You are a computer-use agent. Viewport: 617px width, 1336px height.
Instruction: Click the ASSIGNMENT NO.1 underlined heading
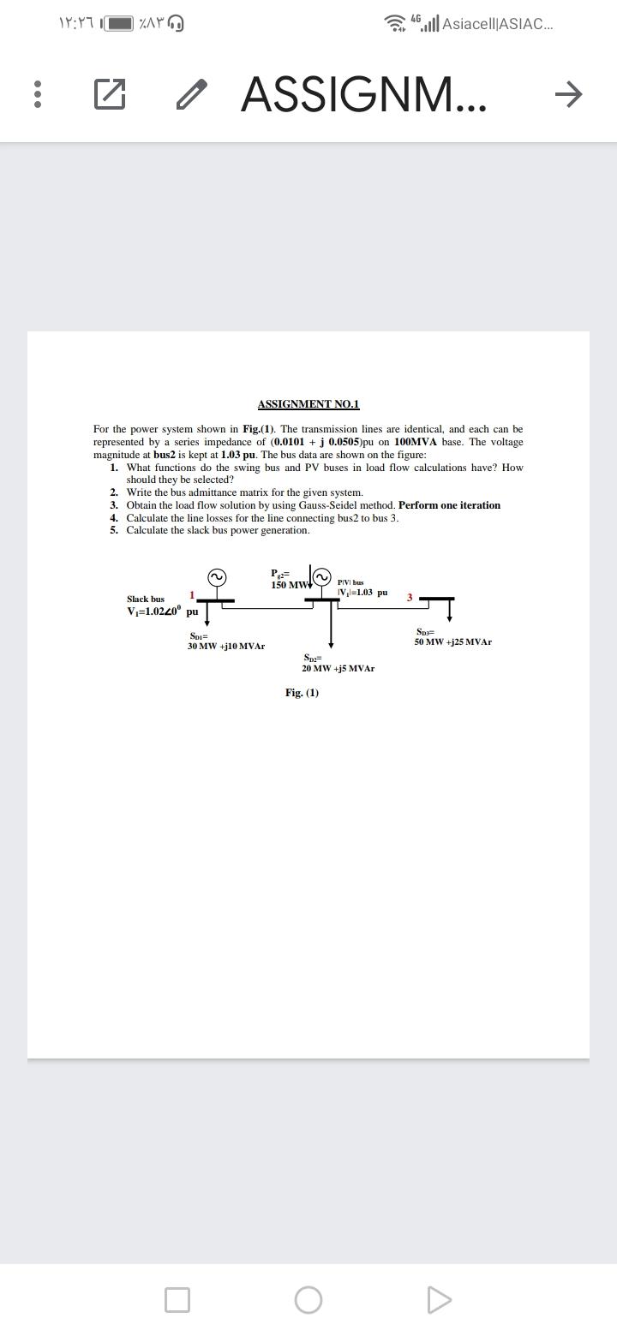point(308,404)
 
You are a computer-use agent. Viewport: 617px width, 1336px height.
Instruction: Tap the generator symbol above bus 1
point(217,578)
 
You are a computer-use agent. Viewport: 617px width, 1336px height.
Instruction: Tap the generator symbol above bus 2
point(322,578)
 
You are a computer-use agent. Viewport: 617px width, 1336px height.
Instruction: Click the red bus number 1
point(192,594)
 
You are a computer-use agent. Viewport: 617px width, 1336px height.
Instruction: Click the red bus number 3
point(410,597)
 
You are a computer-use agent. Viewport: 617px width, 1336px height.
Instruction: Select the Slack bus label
point(146,599)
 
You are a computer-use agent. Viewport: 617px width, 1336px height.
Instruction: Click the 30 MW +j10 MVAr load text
point(226,646)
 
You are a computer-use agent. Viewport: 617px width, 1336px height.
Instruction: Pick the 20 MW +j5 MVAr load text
point(338,668)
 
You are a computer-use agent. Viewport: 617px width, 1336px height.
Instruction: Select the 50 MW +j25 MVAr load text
point(452,641)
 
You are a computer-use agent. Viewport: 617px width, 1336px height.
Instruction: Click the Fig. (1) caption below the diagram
point(302,693)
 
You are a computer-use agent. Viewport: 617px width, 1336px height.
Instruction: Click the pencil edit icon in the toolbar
point(192,93)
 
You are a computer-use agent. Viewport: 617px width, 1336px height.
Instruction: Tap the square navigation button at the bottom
point(177,1299)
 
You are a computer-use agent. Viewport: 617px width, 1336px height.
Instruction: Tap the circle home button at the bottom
point(308,1299)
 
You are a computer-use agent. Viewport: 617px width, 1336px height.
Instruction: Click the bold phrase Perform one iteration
point(449,505)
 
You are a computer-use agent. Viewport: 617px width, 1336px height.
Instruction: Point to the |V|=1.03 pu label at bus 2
point(362,592)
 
